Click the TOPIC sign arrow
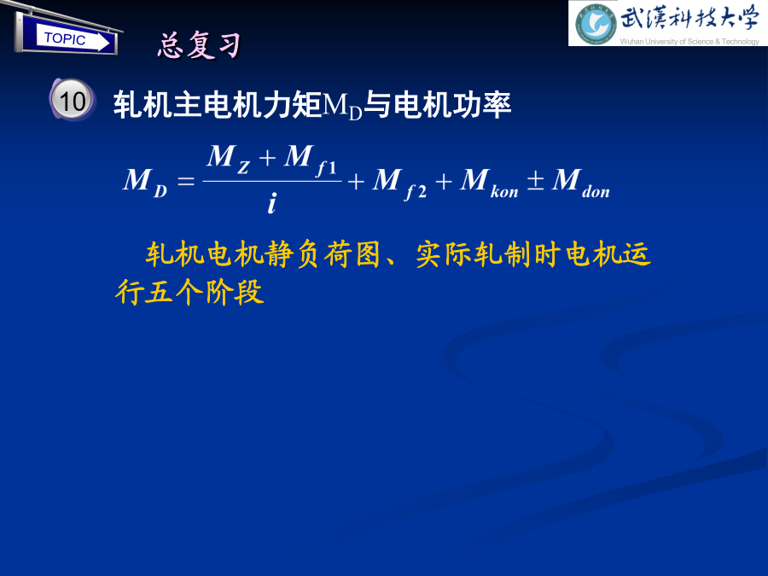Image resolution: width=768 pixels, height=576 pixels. click(x=73, y=38)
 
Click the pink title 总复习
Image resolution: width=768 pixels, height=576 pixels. click(x=200, y=45)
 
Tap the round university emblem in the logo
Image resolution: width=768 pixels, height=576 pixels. click(x=595, y=24)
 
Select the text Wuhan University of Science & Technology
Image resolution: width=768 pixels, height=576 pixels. click(x=689, y=42)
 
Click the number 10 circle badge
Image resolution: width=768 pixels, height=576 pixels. click(x=72, y=100)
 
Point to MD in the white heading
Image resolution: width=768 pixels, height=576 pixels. click(x=342, y=106)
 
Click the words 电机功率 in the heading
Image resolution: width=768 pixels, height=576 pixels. click(x=452, y=105)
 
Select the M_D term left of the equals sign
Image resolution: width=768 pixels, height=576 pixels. click(x=145, y=183)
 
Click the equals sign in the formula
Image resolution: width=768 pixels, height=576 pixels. click(x=186, y=181)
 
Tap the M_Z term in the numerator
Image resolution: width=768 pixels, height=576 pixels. click(x=228, y=160)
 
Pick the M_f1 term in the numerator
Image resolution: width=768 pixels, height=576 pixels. click(x=310, y=160)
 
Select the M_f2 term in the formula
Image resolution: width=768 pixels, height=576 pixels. click(x=399, y=183)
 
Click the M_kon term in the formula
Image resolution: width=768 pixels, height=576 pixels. click(x=489, y=183)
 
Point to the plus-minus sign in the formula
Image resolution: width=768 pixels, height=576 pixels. click(x=535, y=180)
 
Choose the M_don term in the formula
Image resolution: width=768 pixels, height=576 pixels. click(x=581, y=183)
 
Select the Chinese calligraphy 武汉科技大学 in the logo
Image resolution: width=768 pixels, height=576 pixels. click(x=689, y=19)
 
